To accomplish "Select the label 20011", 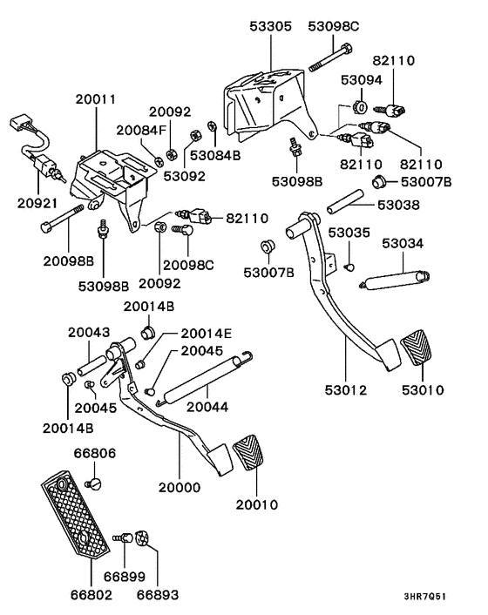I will (96, 101).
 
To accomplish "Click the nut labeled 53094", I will (358, 108).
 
